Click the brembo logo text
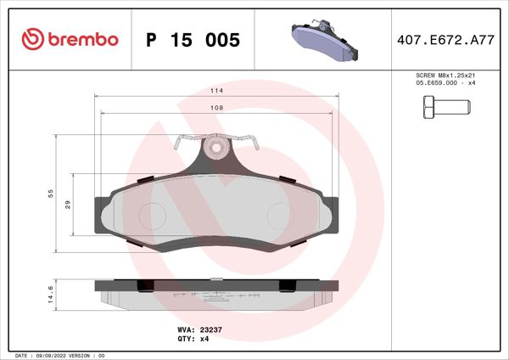click(84, 39)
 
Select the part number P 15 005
click(193, 40)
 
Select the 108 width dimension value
click(216, 108)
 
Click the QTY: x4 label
click(194, 339)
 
